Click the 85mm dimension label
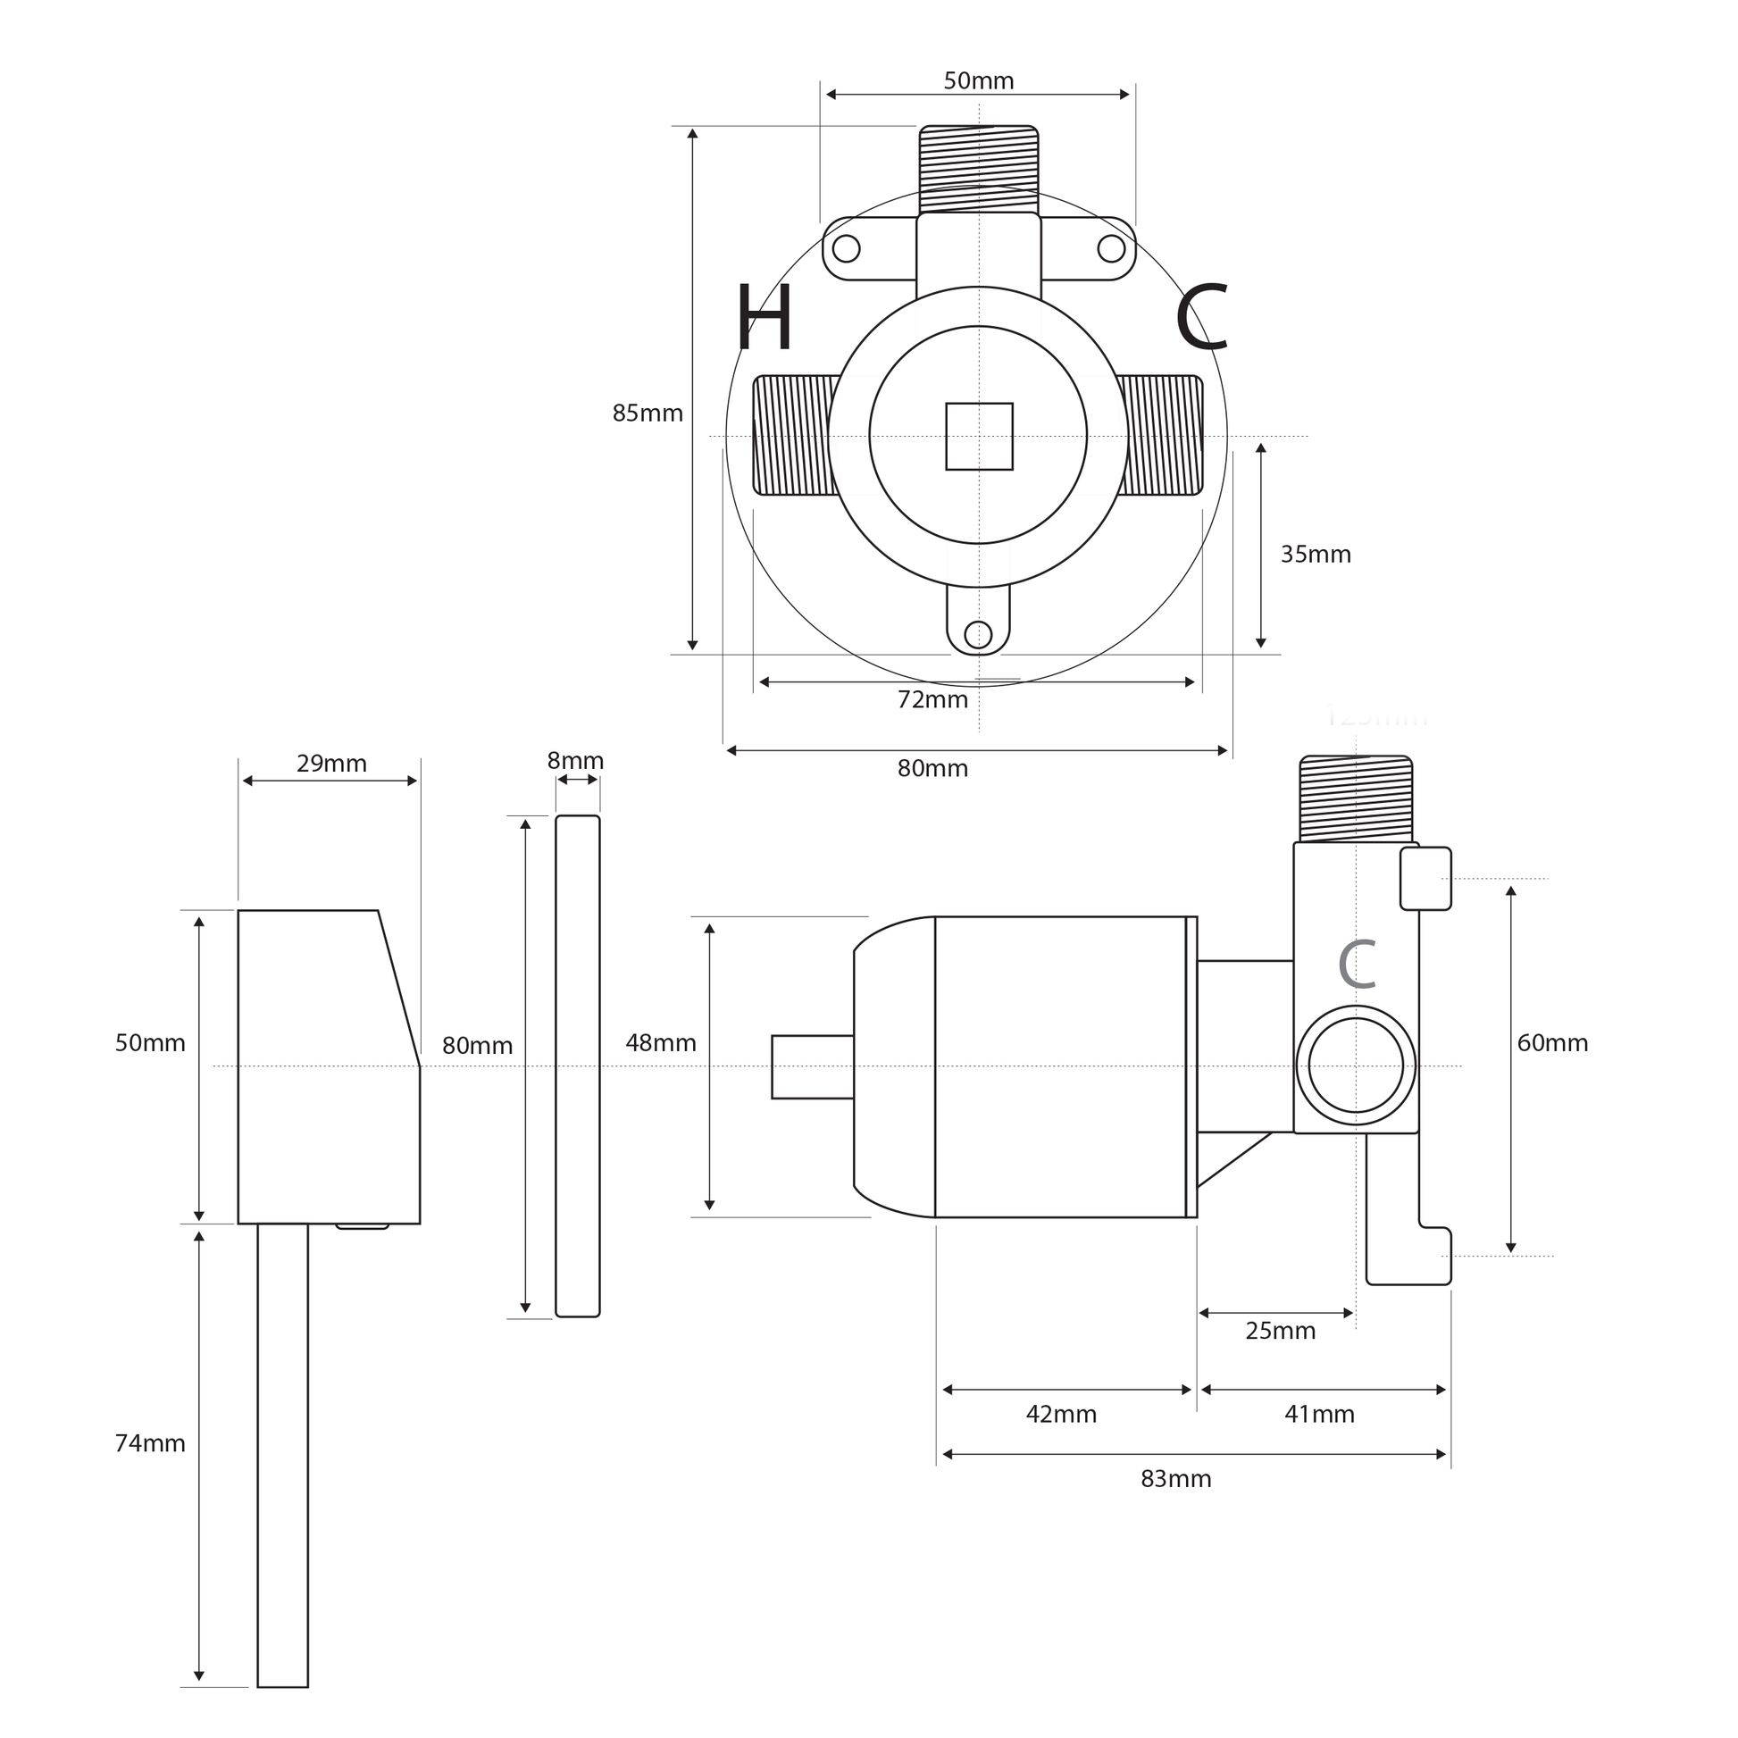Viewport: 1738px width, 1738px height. point(647,413)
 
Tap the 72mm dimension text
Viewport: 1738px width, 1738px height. point(933,699)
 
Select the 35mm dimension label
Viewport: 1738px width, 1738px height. point(1316,554)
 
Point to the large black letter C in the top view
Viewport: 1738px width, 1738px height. point(1202,317)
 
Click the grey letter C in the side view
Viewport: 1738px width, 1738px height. point(1357,965)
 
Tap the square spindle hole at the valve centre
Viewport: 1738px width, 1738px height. point(979,437)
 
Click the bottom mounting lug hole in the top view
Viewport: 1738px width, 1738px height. point(978,635)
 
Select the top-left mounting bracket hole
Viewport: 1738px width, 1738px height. point(847,248)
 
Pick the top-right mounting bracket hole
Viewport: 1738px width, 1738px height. point(1111,248)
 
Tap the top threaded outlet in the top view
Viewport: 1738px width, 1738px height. point(979,169)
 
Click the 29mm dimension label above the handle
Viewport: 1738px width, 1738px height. point(332,764)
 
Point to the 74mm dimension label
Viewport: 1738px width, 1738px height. point(150,1444)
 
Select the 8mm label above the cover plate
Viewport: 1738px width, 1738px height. point(576,761)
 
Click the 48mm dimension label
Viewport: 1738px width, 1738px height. point(661,1043)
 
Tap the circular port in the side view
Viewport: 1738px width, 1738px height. point(1355,1065)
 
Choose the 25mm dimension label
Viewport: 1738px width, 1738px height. point(1280,1332)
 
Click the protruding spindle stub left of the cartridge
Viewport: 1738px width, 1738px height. point(813,1067)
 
